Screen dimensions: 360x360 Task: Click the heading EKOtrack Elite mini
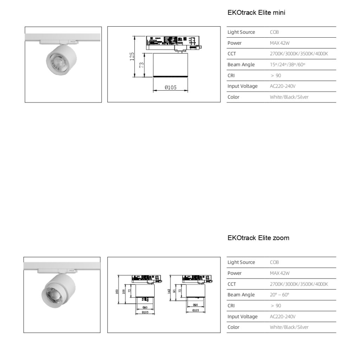point(256,13)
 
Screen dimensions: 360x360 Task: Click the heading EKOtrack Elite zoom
point(258,238)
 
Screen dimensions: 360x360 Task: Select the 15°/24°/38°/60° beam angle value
point(287,65)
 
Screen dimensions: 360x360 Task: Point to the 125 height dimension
point(132,56)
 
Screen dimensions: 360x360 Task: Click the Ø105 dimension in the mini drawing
point(171,88)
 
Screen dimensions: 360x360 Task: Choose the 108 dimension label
point(123,291)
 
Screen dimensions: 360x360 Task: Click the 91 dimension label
point(174,291)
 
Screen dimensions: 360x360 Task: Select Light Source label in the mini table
point(241,32)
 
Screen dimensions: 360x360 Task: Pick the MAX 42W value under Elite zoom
point(279,273)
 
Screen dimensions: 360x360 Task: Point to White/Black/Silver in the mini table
point(289,97)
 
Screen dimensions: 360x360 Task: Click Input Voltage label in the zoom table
point(242,316)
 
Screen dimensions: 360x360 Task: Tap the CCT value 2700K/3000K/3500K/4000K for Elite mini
point(298,54)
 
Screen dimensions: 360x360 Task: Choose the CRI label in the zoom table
point(231,306)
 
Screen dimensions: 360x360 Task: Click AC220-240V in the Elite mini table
point(283,86)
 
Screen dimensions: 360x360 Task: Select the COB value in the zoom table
point(274,262)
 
